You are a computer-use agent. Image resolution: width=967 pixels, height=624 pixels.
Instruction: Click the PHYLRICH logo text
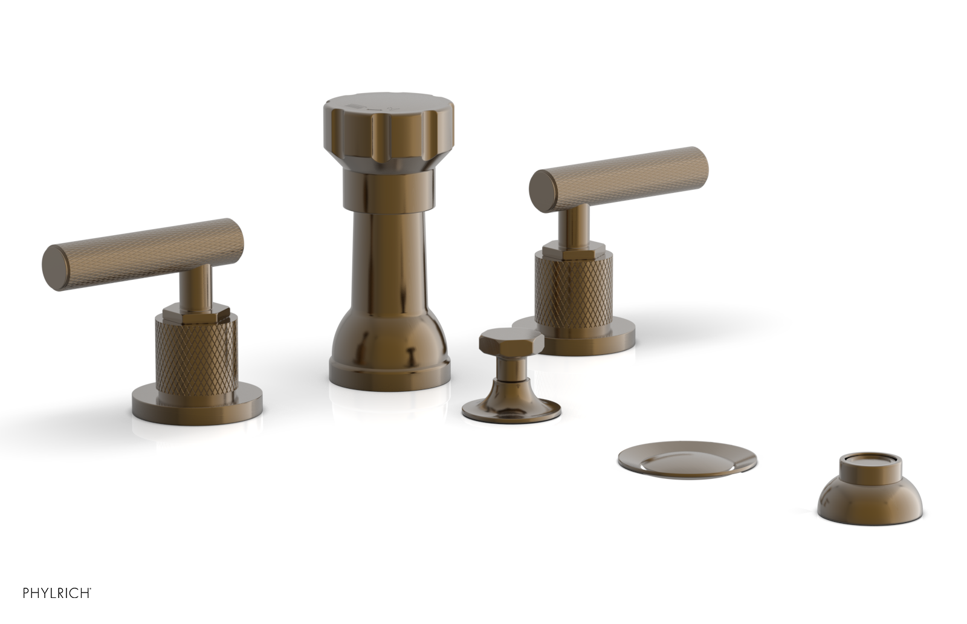pos(57,593)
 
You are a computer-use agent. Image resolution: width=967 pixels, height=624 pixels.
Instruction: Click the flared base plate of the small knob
pos(511,409)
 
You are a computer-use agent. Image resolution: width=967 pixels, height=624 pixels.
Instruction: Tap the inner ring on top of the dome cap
pos(870,464)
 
